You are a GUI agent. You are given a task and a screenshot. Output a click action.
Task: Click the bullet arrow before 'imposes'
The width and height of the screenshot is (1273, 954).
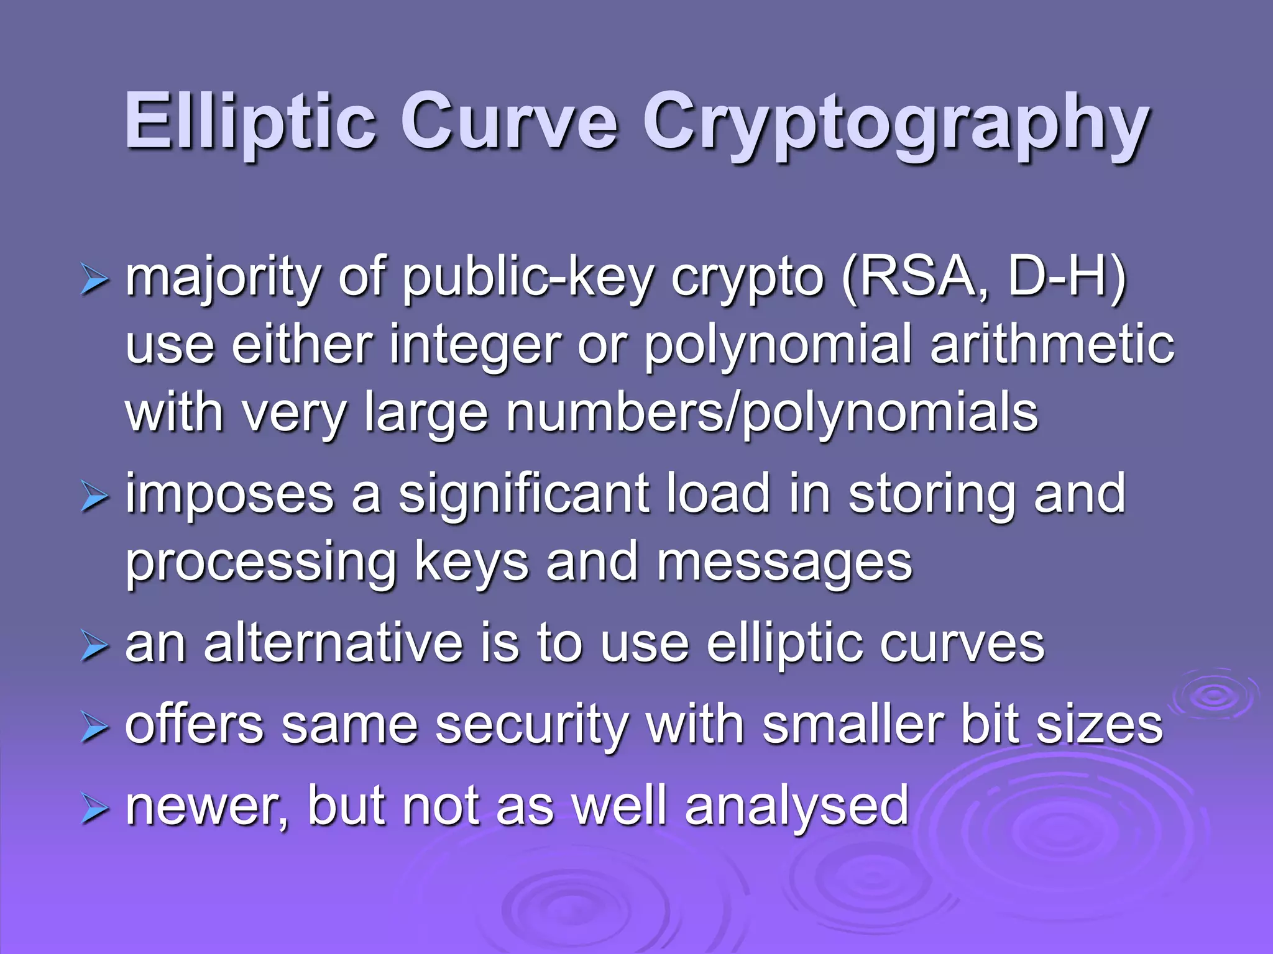click(x=94, y=498)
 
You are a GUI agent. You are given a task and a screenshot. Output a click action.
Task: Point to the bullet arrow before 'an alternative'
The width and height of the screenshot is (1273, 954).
click(x=94, y=647)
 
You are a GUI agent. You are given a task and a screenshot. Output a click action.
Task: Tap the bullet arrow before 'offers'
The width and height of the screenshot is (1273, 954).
click(x=94, y=728)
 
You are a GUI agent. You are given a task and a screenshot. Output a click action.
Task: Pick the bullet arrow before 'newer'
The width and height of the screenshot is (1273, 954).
click(x=94, y=809)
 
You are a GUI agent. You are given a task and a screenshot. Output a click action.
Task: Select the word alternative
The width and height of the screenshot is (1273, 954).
click(x=333, y=644)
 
